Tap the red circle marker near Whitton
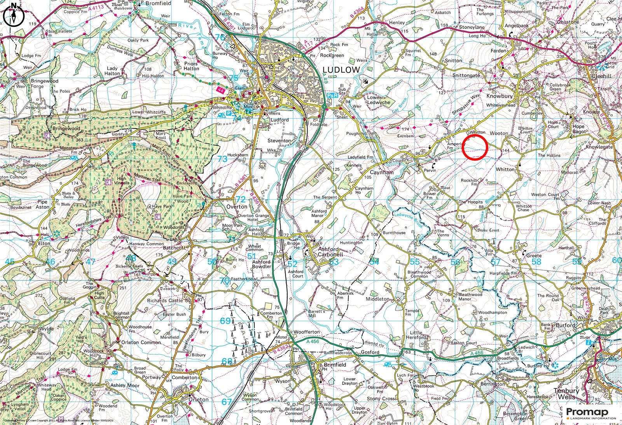(x=475, y=147)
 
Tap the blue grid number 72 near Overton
(x=241, y=199)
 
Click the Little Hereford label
(x=418, y=335)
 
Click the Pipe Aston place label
(x=42, y=204)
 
